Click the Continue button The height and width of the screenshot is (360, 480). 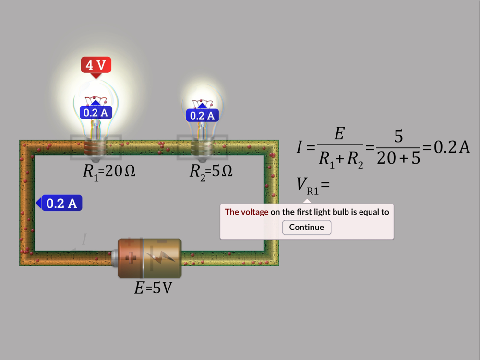click(x=307, y=227)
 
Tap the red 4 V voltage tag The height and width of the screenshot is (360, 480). click(x=96, y=65)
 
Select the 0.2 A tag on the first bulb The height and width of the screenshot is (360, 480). click(x=96, y=113)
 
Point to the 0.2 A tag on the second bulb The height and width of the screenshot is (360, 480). click(x=203, y=116)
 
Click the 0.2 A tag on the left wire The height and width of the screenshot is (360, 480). click(x=61, y=203)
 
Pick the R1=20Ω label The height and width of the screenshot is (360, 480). click(x=109, y=171)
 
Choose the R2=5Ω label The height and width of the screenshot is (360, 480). click(x=211, y=171)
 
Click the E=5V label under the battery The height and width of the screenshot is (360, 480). click(x=153, y=288)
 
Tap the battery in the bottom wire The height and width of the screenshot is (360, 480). click(x=149, y=258)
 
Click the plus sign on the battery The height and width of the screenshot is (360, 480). click(x=130, y=258)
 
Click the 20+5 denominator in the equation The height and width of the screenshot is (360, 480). click(x=398, y=158)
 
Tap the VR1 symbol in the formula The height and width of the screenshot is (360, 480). click(x=308, y=186)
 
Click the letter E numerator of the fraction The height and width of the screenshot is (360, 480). click(x=339, y=134)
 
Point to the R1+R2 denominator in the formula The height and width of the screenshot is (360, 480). click(x=341, y=159)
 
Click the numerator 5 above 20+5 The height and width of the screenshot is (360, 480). click(x=398, y=136)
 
